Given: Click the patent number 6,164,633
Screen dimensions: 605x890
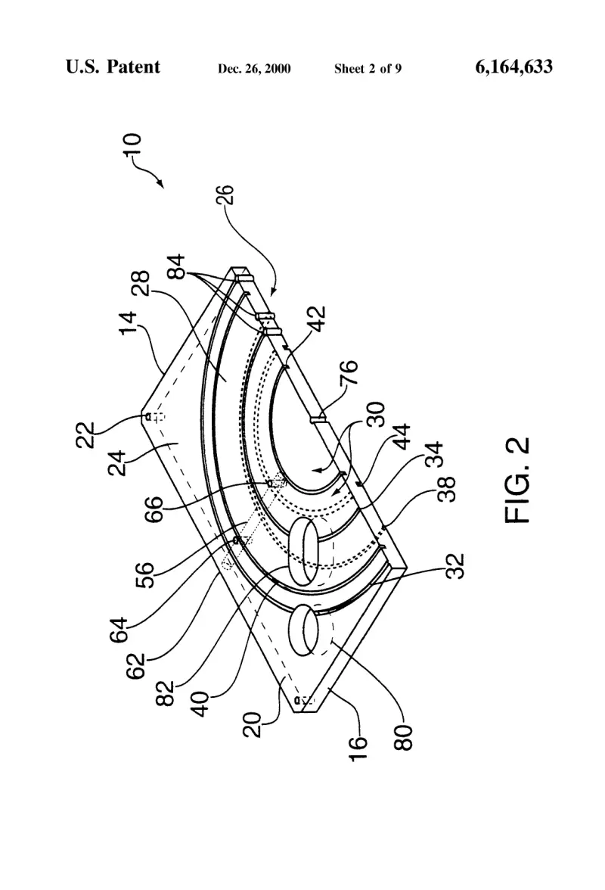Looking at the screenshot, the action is click(513, 67).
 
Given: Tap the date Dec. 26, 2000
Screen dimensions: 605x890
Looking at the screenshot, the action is click(254, 69).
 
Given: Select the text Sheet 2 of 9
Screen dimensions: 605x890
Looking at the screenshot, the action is click(368, 69).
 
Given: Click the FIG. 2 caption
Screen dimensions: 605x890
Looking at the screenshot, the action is click(517, 480).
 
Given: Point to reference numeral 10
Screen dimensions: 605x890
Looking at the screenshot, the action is click(132, 146).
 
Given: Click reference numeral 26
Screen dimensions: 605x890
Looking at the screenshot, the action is click(225, 194).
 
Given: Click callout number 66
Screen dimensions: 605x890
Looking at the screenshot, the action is click(153, 509).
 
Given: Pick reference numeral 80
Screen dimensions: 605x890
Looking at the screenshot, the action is click(404, 738).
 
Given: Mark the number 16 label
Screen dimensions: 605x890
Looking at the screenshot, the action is click(358, 748).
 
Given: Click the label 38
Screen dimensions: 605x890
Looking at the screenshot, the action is click(448, 489).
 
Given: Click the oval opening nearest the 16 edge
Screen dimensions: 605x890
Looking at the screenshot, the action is click(306, 630).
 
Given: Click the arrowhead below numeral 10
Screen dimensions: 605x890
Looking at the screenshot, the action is click(161, 184).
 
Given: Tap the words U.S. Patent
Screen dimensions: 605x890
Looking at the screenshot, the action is click(113, 67).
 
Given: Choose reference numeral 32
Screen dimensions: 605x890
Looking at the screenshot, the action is click(455, 565).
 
